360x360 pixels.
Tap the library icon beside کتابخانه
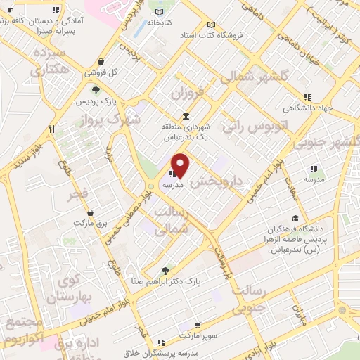(x=161, y=12)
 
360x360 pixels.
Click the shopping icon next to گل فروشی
(x=103, y=61)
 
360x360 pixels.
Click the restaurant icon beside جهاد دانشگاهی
(x=306, y=97)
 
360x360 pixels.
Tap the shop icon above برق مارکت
(x=90, y=212)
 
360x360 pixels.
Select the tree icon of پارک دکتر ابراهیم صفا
(x=166, y=269)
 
